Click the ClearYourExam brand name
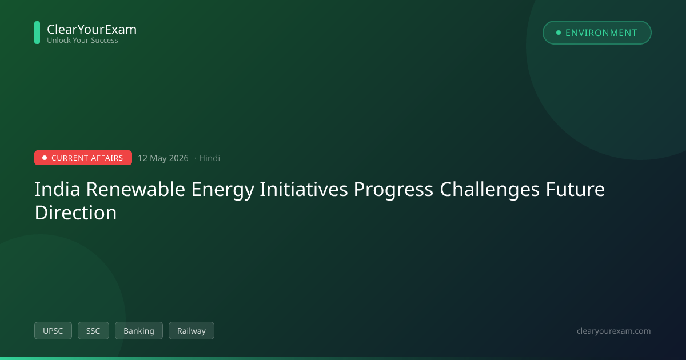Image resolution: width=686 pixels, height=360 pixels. pos(92,29)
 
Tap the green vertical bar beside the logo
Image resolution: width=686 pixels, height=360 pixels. pos(37,33)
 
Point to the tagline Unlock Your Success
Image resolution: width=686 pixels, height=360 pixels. pos(82,41)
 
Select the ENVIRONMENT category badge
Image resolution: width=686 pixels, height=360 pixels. pos(597,33)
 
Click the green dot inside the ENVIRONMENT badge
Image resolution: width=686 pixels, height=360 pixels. pos(559,33)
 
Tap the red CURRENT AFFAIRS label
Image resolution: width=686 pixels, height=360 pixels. pos(83,158)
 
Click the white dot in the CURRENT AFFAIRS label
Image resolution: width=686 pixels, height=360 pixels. pos(45,158)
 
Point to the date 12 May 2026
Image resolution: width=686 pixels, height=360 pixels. pos(163,158)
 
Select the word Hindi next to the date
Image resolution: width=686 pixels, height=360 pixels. pos(209,158)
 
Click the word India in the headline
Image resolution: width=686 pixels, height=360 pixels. pos(57,189)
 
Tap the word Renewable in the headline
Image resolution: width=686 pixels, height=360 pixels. pos(135,189)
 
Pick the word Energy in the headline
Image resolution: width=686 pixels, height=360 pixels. pos(222,190)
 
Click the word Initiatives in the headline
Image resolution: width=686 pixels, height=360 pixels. pos(304,189)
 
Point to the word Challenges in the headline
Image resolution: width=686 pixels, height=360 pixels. pos(489,189)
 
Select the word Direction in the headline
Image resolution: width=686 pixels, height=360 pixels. pos(75,213)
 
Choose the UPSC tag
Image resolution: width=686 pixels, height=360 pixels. pos(53,331)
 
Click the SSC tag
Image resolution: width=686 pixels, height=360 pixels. pos(93,331)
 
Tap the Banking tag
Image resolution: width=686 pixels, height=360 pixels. pos(139,331)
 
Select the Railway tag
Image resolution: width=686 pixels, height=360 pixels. pos(192,331)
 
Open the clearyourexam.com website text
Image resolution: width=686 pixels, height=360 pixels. pos(614,331)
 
